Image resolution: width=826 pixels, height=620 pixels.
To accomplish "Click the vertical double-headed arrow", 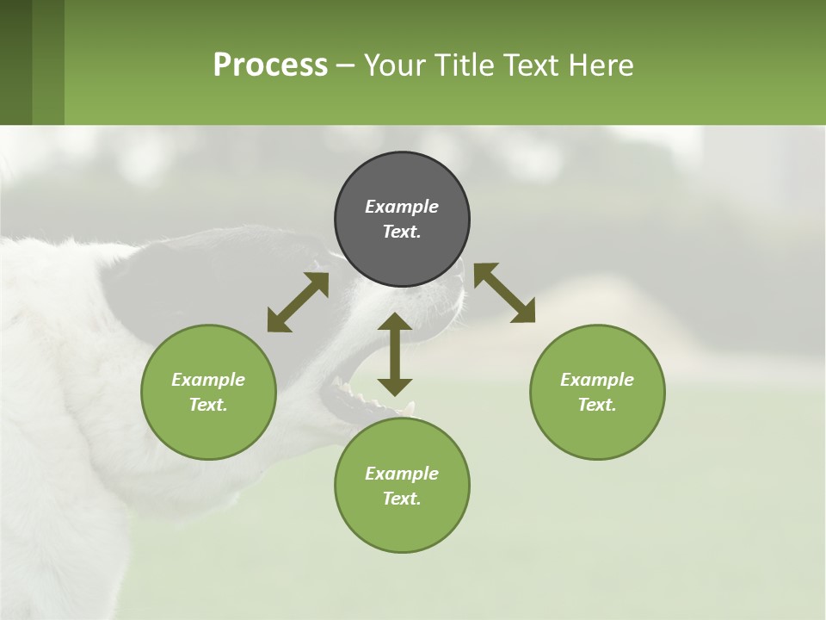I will click(x=395, y=354).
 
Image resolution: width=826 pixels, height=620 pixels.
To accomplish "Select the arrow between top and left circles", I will click(x=298, y=302).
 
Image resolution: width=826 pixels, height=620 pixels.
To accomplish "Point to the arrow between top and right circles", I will click(x=504, y=293).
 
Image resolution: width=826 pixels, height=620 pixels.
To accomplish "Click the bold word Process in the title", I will click(x=270, y=65).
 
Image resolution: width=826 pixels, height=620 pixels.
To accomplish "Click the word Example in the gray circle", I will click(x=402, y=207).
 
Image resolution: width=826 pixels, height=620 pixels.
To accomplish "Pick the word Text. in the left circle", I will click(x=208, y=405).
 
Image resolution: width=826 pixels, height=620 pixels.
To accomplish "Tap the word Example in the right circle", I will click(x=597, y=380).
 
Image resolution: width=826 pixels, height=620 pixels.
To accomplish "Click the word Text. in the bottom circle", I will click(x=402, y=499).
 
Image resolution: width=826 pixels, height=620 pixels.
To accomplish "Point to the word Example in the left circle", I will click(x=208, y=380).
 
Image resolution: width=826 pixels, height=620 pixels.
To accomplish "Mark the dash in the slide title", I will click(x=346, y=65).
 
